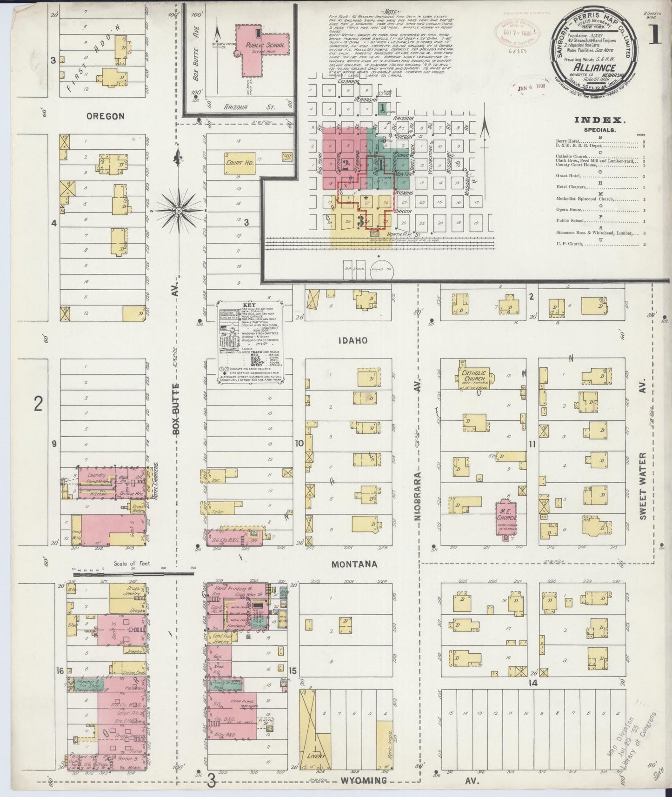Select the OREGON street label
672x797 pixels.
point(106,116)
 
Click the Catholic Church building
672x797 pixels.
point(474,377)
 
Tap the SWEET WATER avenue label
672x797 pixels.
point(643,486)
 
